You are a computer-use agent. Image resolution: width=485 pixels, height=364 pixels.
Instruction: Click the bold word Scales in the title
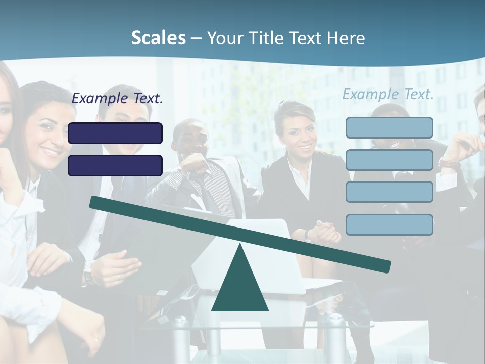click(x=158, y=38)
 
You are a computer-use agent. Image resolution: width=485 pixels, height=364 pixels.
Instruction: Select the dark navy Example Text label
click(x=117, y=98)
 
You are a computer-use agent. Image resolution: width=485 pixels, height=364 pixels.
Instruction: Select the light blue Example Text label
click(x=388, y=94)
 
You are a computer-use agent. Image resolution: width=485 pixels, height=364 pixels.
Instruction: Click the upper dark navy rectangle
click(x=115, y=133)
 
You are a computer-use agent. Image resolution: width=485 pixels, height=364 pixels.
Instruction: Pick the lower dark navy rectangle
click(x=115, y=165)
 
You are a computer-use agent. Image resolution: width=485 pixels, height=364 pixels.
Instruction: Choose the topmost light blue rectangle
click(x=389, y=127)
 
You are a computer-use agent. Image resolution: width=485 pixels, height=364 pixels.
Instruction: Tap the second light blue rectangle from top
click(x=389, y=160)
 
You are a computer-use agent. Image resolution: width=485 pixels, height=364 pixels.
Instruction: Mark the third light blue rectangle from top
click(x=389, y=192)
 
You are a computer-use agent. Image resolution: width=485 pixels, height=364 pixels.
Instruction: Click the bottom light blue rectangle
click(x=389, y=224)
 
